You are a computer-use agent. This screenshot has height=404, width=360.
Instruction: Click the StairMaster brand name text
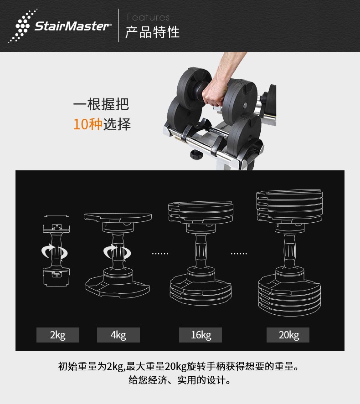click(x=72, y=26)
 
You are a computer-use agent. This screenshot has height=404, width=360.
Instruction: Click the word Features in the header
click(x=148, y=17)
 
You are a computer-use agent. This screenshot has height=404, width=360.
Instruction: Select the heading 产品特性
click(x=152, y=32)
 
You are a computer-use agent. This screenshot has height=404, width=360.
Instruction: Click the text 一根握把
click(x=101, y=104)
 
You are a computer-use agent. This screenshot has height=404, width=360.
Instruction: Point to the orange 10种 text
click(x=87, y=124)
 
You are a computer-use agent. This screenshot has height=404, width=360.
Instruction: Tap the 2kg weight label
click(x=58, y=335)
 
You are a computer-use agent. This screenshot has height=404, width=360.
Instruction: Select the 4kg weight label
click(x=118, y=335)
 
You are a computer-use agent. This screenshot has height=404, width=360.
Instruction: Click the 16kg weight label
click(x=201, y=335)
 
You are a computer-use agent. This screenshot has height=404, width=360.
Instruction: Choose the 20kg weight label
click(x=288, y=335)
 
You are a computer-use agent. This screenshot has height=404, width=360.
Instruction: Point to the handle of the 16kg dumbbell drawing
click(x=201, y=253)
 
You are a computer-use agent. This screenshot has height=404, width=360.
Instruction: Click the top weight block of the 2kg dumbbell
click(x=56, y=224)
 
